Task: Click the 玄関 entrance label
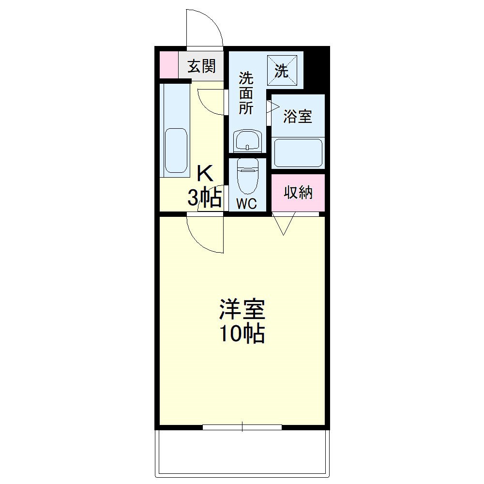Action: click(x=201, y=66)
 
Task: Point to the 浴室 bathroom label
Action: click(x=297, y=116)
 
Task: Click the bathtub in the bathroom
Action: click(x=298, y=153)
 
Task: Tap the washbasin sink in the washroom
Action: click(x=247, y=141)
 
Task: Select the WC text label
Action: click(x=246, y=204)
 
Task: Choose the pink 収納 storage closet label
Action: click(x=298, y=193)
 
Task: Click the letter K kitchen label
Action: click(x=205, y=173)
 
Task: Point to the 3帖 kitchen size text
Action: click(x=205, y=197)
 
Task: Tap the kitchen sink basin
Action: click(x=176, y=150)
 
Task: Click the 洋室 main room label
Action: click(x=242, y=310)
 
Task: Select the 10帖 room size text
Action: click(x=242, y=334)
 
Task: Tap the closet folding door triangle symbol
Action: click(x=284, y=224)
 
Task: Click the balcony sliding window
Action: click(x=242, y=427)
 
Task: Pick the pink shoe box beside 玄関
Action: click(x=169, y=65)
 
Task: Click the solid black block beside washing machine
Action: click(x=317, y=68)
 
